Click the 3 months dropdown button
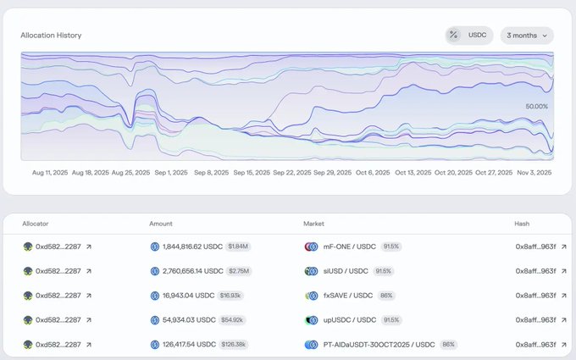tap(526, 36)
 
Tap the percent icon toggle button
tap(454, 36)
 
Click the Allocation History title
tap(52, 36)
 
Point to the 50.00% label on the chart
tap(537, 107)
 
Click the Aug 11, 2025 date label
tap(50, 172)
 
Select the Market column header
tap(315, 224)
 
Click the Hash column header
tap(523, 224)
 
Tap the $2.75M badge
tap(238, 271)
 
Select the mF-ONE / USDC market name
tap(349, 246)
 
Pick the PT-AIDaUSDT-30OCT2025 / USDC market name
tap(379, 345)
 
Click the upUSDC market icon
tap(311, 320)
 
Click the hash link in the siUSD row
tap(535, 271)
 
